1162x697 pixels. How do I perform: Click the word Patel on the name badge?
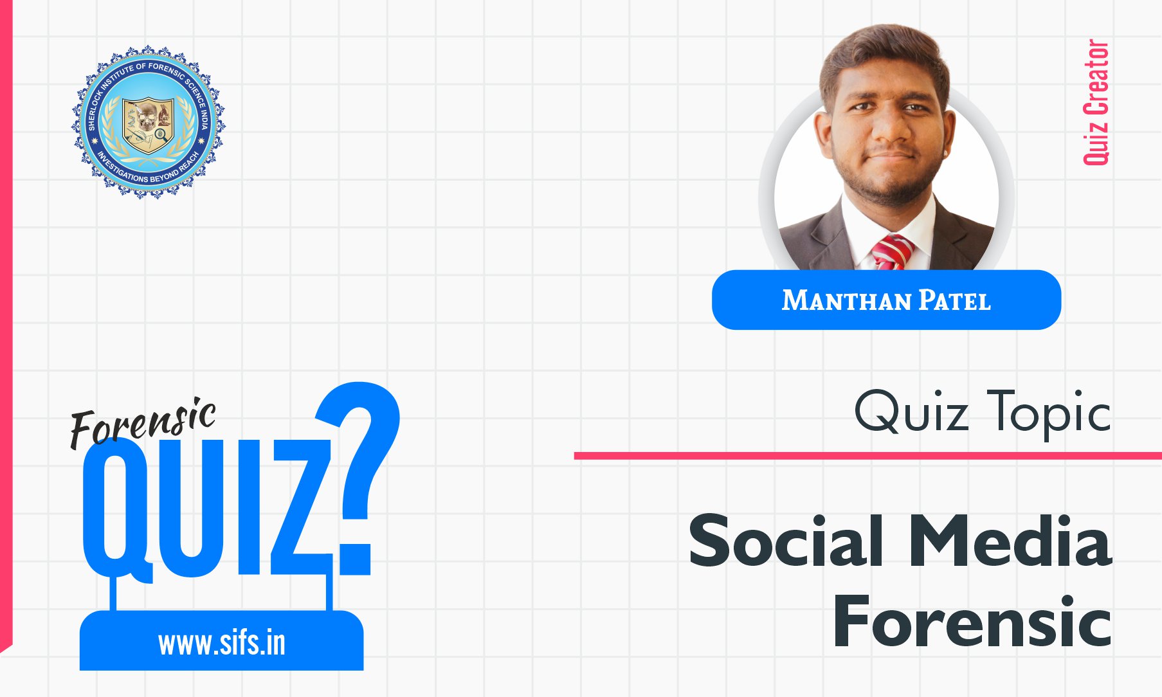(x=954, y=301)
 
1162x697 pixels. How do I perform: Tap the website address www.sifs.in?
(x=222, y=643)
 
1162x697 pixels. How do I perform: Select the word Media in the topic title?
(x=1010, y=541)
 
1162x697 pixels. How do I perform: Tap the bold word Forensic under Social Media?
(x=972, y=621)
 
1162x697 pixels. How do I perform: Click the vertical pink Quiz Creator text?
(x=1096, y=102)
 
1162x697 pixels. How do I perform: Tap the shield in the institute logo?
(x=149, y=125)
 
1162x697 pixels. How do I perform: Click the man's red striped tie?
(x=893, y=252)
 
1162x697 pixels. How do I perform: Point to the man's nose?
(x=890, y=132)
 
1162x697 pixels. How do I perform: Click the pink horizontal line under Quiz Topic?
(x=868, y=456)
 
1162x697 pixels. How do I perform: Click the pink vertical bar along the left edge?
(x=6, y=321)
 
